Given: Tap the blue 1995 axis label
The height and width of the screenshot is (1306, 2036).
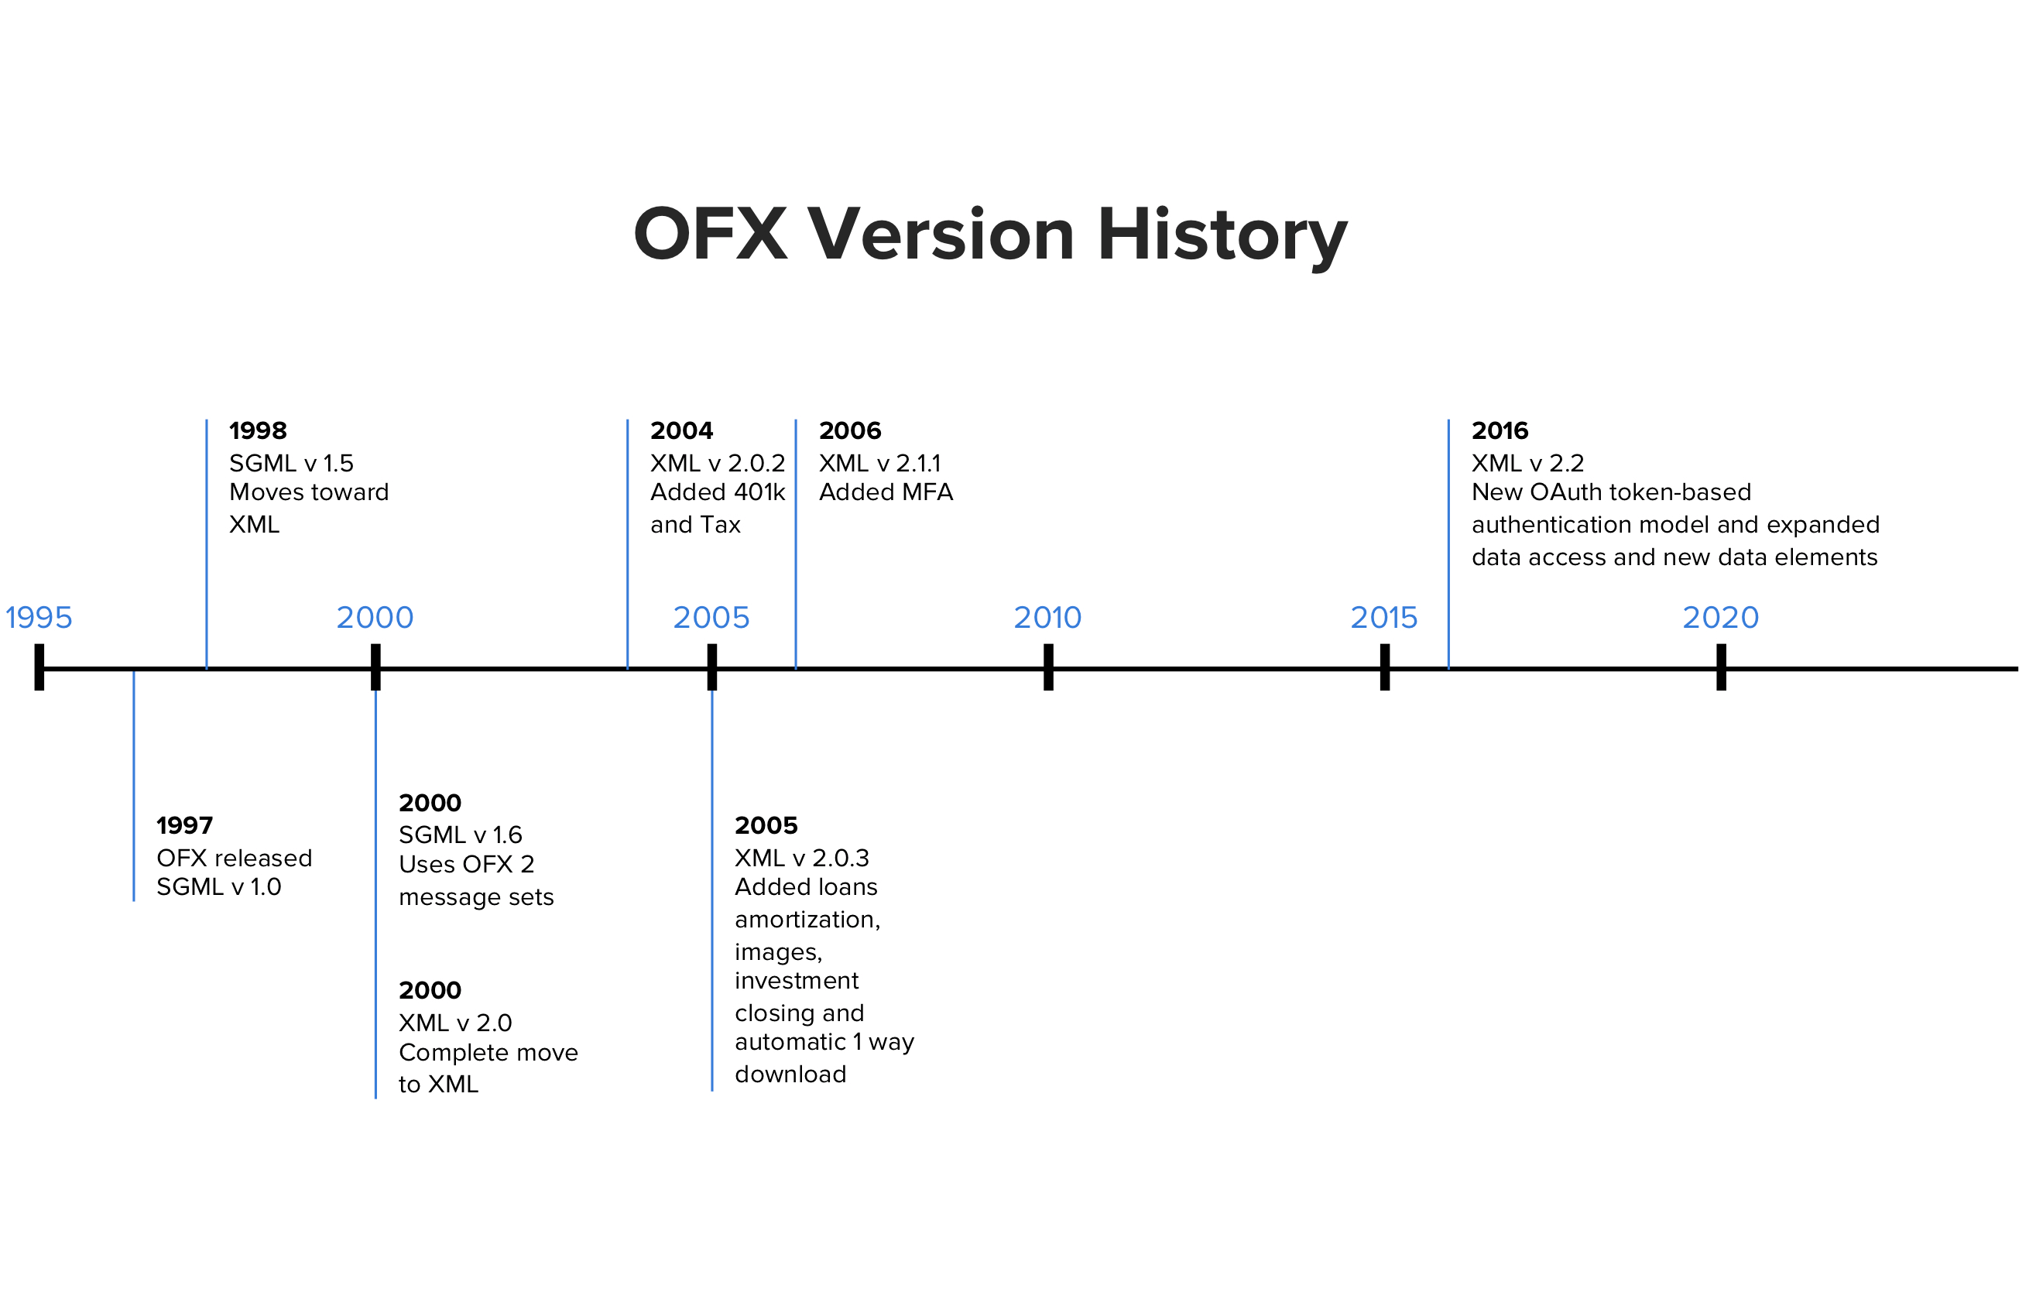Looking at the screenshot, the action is [39, 617].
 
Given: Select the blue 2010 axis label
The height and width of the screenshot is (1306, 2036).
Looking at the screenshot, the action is [1048, 617].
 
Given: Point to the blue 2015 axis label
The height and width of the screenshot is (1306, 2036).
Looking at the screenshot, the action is [1384, 617].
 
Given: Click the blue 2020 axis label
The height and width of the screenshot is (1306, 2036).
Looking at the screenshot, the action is [1721, 617].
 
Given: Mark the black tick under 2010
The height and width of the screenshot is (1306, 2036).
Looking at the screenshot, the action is [1048, 667].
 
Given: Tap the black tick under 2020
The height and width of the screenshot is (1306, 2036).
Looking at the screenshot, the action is [1721, 667].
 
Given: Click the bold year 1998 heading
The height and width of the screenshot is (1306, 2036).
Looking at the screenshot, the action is [258, 430].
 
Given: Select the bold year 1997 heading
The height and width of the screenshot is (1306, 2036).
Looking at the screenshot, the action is [185, 825].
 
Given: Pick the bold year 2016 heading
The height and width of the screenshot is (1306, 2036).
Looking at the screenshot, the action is [1500, 430].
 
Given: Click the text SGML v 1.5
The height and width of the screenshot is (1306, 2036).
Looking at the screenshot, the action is [291, 463].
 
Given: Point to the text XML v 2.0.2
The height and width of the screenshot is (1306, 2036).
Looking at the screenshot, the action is [718, 463].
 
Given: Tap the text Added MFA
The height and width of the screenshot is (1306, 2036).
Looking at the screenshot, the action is [886, 492].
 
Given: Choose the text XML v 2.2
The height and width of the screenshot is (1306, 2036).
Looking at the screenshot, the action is [1528, 463].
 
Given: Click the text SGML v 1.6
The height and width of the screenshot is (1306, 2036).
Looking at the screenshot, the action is [461, 835].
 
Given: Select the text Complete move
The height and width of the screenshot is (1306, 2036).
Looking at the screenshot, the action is [488, 1052].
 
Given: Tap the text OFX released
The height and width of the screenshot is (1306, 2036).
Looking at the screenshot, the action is [235, 859].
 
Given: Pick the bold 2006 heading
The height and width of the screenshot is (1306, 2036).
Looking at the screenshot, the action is [851, 430].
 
